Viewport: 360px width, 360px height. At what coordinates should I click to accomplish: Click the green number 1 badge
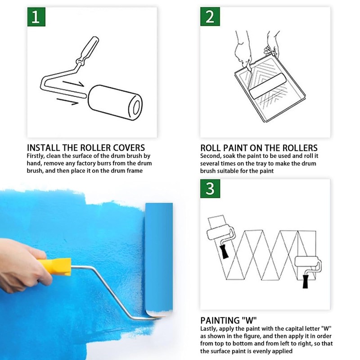[36, 17]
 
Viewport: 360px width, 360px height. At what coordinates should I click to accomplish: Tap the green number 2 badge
[210, 17]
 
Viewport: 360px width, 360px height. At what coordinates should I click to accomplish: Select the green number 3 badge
[210, 189]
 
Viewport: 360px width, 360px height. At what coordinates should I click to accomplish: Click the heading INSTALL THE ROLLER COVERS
[86, 148]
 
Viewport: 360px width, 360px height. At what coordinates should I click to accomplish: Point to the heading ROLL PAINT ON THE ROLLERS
[259, 148]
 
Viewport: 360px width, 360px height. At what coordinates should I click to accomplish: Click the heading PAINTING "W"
[229, 320]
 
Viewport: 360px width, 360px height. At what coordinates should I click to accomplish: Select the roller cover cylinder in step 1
[115, 103]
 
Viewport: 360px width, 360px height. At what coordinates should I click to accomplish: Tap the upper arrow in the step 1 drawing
[73, 84]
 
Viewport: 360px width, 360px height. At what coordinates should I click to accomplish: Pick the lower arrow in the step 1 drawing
[67, 102]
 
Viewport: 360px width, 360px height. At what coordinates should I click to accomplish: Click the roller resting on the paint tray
[267, 86]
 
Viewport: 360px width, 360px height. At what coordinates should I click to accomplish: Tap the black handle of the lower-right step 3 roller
[306, 282]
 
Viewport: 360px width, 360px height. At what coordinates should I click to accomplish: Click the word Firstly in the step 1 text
[36, 156]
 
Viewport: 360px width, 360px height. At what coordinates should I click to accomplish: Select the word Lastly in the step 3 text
[208, 329]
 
